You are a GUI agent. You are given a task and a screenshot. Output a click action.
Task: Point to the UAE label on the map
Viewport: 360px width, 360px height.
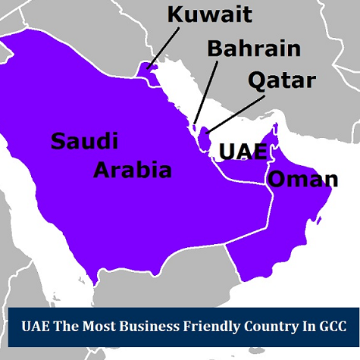[243, 150]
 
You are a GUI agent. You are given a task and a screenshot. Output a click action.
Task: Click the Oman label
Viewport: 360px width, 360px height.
[303, 180]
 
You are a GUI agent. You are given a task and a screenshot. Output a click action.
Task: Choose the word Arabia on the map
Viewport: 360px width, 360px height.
[133, 169]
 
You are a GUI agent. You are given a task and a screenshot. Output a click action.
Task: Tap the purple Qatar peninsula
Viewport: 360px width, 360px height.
[204, 139]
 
